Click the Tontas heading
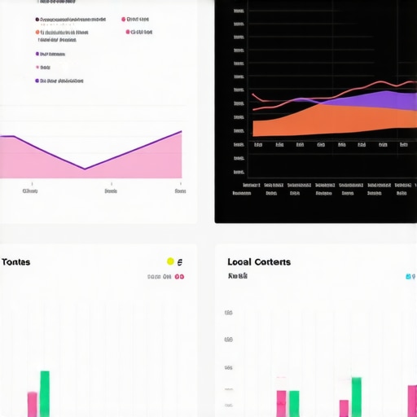tap(16, 262)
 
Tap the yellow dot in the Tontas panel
tap(170, 261)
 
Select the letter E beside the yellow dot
tap(180, 262)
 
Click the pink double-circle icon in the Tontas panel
tap(179, 277)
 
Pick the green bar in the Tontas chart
tap(45, 393)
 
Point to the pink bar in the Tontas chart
tap(33, 404)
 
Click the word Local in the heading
tap(239, 262)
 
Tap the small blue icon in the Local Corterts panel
tap(409, 277)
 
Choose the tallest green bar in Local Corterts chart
tap(356, 397)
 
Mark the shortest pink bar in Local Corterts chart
tap(345, 408)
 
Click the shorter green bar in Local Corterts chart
tap(294, 403)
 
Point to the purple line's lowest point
tap(85, 169)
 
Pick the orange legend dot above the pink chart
tap(37, 33)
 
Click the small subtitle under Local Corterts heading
tap(238, 277)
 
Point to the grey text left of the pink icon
tap(159, 277)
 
